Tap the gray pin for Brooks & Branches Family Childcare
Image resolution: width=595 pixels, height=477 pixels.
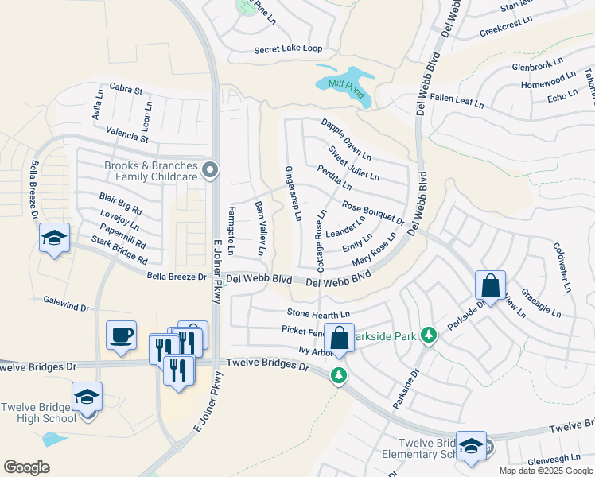(x=210, y=169)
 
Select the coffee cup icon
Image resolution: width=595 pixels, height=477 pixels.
(x=121, y=335)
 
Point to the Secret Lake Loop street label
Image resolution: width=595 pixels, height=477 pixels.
(x=288, y=49)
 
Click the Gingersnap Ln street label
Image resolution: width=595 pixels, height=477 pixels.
(x=293, y=193)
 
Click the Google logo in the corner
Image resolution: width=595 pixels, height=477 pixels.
(x=26, y=467)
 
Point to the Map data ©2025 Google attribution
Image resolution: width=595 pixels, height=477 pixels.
(x=546, y=471)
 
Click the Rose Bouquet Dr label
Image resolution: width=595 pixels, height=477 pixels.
(x=373, y=211)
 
